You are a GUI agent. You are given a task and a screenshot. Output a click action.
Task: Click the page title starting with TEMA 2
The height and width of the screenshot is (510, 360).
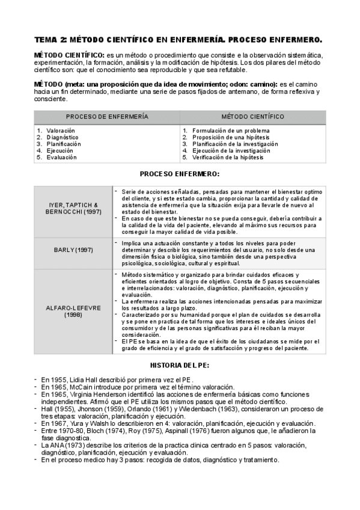[x=178, y=40]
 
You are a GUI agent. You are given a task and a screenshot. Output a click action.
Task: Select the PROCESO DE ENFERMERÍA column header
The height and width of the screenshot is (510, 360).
[x=107, y=117]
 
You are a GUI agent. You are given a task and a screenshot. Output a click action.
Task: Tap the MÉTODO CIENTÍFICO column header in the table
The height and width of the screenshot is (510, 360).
[x=252, y=117]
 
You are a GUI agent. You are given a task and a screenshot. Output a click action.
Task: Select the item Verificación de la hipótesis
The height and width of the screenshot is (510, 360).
[x=231, y=157]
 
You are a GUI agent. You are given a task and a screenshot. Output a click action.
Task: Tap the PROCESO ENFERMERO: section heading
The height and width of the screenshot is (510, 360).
[x=180, y=174]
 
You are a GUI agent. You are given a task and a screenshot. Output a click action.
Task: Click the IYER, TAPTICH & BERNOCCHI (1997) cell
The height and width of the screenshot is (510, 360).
[x=75, y=209]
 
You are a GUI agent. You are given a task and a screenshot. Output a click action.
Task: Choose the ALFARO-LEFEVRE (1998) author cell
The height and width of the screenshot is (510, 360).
[x=75, y=311]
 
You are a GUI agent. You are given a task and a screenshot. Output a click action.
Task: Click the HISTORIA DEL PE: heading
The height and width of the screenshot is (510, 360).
[x=180, y=365]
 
